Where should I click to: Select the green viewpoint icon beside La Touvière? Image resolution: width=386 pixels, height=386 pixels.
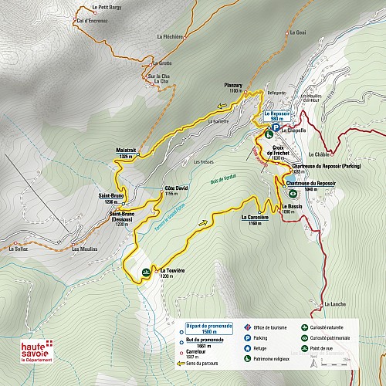pos(147,273)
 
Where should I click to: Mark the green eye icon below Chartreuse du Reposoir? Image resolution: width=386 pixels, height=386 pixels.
pos(293,195)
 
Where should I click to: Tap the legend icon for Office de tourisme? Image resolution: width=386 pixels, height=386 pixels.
pos(247,327)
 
